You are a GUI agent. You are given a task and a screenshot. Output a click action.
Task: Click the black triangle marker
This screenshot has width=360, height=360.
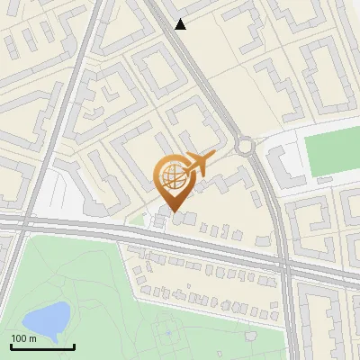click(x=181, y=24)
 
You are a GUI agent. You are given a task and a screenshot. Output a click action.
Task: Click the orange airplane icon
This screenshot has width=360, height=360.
click(x=198, y=165)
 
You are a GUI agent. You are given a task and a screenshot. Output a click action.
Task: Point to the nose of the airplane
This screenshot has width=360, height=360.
click(x=214, y=156)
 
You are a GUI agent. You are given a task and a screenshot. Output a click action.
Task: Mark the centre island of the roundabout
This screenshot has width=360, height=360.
click(x=245, y=144)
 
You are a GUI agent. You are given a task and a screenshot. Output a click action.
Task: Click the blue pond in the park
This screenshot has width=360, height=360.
click(x=46, y=318)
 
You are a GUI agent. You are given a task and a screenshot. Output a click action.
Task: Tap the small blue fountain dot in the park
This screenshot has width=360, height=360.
click(x=166, y=333)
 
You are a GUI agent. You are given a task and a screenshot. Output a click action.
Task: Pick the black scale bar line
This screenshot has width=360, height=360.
click(x=42, y=346)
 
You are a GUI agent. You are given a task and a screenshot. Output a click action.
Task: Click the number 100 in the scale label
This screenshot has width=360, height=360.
click(x=19, y=338)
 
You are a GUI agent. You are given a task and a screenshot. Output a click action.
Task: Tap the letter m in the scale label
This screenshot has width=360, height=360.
click(x=32, y=338)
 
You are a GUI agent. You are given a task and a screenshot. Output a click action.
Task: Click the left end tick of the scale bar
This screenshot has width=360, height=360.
click(x=11, y=345)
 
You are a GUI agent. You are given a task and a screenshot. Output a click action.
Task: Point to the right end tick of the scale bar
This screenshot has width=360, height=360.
click(x=74, y=345)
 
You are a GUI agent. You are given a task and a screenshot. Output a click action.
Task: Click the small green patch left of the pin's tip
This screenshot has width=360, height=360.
click(x=136, y=219)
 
